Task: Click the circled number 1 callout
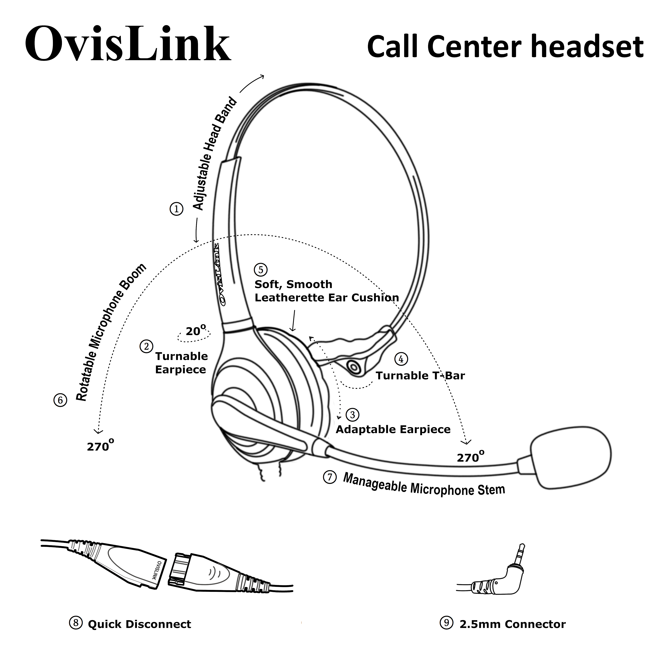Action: coord(177,209)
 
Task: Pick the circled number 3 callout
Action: coord(352,415)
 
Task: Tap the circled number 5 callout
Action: coord(261,270)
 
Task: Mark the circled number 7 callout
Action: coord(330,477)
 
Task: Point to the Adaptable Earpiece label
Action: coord(393,429)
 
